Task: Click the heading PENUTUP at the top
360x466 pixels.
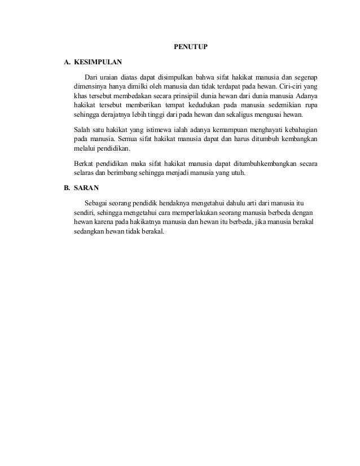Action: coord(190,46)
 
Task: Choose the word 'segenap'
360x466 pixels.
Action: coord(304,76)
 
